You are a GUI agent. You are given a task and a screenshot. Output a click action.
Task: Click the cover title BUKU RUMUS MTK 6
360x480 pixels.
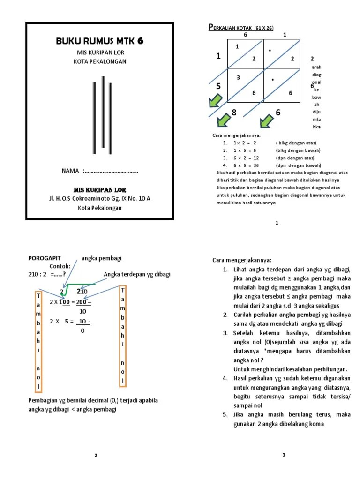tap(99, 41)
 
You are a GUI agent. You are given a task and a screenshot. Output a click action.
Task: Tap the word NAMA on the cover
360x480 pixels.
tap(70, 171)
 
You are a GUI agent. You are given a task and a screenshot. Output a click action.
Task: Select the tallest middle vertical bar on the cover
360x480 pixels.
tap(102, 112)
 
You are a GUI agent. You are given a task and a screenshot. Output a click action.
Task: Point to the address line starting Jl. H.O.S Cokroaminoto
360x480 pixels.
tap(100, 198)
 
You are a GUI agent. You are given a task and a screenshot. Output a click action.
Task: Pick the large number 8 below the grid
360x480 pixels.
tap(234, 112)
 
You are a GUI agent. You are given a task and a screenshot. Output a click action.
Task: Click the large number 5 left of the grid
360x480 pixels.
tap(218, 86)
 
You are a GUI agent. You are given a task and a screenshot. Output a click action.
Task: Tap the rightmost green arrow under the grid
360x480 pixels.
tap(267, 121)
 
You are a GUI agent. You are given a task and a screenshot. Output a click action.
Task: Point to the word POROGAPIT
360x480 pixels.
tap(45, 258)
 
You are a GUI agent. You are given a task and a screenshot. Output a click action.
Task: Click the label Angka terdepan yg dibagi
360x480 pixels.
tap(137, 274)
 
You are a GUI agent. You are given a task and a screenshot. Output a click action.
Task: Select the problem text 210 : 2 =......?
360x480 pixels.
tap(46, 274)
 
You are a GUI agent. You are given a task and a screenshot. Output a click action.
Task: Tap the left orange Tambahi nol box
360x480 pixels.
tap(38, 341)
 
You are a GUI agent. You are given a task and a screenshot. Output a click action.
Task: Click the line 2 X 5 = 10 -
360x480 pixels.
tap(70, 321)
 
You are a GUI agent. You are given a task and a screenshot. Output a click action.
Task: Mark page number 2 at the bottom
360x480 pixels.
tap(96, 455)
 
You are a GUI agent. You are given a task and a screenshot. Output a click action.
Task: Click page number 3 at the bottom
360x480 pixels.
tap(284, 455)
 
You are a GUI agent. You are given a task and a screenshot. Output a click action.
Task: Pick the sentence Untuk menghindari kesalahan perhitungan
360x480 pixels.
tap(290, 369)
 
